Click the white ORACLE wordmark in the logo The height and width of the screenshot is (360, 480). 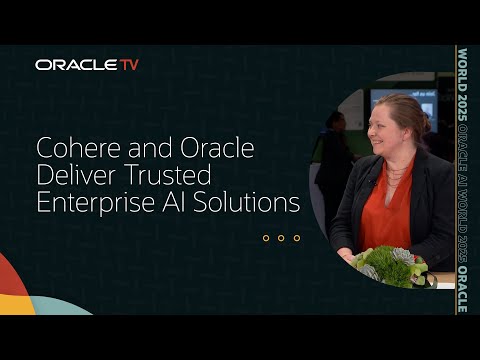coord(76,65)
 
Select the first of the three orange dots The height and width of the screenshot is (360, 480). coord(266,238)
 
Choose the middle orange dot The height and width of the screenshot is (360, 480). coord(281,238)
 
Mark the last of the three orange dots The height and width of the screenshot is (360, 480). coord(296,238)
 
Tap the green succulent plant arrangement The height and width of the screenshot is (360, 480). coord(390,265)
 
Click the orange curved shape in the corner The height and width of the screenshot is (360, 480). coord(12,285)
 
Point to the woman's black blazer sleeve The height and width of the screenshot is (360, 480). coord(435,220)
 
